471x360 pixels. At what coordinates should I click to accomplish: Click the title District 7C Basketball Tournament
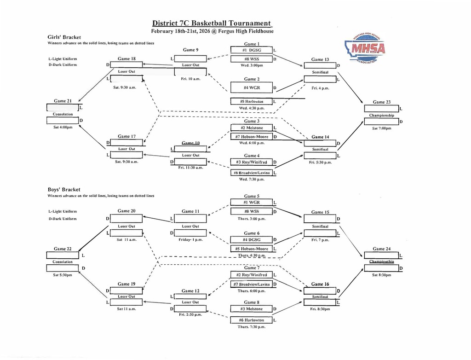point(212,23)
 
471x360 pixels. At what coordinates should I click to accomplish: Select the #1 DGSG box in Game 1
point(252,50)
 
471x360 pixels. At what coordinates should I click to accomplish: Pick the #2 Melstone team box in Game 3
point(252,128)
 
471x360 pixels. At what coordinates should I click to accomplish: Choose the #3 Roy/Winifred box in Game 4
point(252,162)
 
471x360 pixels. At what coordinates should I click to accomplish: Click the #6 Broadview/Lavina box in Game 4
point(252,173)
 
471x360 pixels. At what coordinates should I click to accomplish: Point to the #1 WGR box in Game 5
point(252,202)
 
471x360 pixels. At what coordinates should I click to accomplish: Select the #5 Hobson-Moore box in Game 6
point(252,249)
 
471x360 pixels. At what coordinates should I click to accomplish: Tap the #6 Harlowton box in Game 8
point(252,320)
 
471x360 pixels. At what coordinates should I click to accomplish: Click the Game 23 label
point(382,102)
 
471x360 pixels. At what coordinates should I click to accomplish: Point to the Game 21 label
point(63,101)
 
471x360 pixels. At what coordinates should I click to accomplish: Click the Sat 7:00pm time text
point(382,128)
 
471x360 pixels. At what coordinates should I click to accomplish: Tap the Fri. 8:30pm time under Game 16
point(321,309)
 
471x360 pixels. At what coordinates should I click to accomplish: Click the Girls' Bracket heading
point(64,37)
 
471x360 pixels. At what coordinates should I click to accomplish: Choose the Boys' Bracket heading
point(64,189)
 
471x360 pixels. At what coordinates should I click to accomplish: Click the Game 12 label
point(190,291)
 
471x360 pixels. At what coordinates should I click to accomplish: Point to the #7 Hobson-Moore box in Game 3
point(252,137)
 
